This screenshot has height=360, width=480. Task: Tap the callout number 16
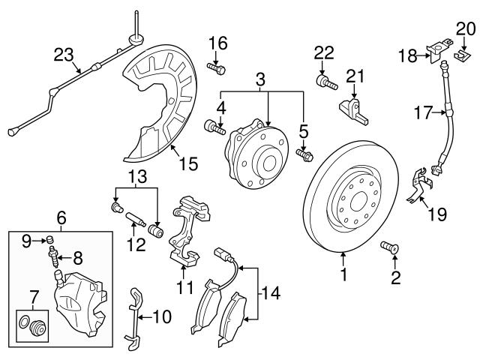pyautogui.click(x=217, y=42)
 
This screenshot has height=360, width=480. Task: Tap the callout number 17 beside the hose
pyautogui.click(x=424, y=113)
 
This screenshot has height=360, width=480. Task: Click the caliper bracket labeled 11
pyautogui.click(x=184, y=232)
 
